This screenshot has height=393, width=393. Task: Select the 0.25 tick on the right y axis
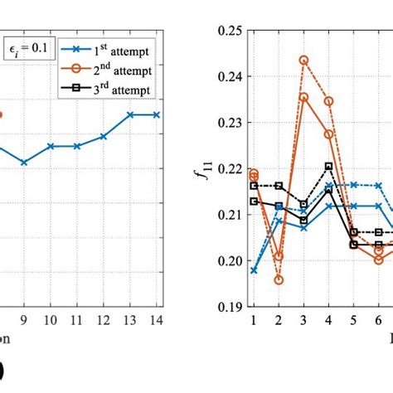coord(230,31)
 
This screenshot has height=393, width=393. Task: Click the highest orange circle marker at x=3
coord(303,61)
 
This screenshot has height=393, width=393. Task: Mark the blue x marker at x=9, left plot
coord(24,163)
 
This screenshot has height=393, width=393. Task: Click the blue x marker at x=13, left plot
coord(130,114)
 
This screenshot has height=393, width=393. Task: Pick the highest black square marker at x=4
coord(328,166)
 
